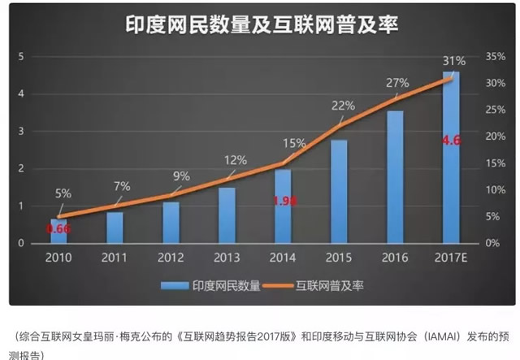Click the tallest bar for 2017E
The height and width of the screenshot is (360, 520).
[x=451, y=158]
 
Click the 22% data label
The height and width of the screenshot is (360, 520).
[x=344, y=106]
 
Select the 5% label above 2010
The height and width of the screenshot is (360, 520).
[x=63, y=193]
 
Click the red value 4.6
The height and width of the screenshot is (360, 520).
[x=451, y=141]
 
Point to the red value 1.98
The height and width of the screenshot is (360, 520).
[x=283, y=202]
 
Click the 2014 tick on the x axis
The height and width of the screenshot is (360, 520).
[x=283, y=258]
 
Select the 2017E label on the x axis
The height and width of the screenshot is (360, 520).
[x=451, y=258]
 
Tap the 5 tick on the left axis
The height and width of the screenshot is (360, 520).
[x=20, y=57]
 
